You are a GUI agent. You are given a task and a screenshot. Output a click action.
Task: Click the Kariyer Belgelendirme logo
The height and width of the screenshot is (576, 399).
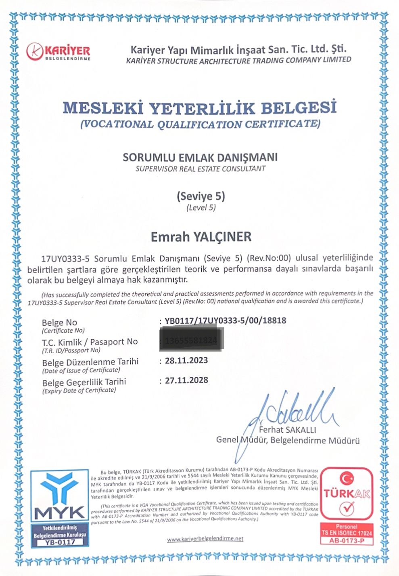(58, 51)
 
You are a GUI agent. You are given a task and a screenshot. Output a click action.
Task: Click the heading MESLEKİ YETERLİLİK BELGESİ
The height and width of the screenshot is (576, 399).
(200, 108)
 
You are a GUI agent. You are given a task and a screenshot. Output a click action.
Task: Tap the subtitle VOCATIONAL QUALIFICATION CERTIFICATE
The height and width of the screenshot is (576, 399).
(200, 124)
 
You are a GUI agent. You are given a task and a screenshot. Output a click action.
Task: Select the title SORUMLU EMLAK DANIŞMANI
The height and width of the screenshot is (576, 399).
(200, 157)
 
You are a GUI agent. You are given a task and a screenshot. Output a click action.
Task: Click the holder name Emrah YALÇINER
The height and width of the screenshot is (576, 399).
(201, 237)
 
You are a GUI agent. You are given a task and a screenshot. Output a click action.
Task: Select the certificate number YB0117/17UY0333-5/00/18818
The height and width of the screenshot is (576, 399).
(226, 321)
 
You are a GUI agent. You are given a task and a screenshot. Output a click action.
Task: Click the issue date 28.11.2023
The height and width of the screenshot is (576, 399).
(186, 361)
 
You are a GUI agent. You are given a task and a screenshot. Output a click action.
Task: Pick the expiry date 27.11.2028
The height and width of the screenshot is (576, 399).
(186, 380)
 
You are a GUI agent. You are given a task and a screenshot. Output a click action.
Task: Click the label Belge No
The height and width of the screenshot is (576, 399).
(59, 323)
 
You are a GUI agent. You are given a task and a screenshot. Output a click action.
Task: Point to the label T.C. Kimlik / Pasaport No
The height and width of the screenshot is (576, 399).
(90, 342)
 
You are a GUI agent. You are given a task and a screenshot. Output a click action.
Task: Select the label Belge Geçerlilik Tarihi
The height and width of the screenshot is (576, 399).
(84, 382)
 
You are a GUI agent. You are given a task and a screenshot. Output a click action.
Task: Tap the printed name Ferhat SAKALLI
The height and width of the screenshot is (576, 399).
(287, 430)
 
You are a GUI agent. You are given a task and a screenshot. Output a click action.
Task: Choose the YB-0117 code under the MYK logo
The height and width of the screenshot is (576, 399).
(60, 542)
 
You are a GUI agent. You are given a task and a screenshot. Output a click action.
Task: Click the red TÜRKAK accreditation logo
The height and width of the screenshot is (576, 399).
(347, 494)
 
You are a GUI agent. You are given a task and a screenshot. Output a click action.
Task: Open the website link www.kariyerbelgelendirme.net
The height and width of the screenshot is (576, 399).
(205, 539)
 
